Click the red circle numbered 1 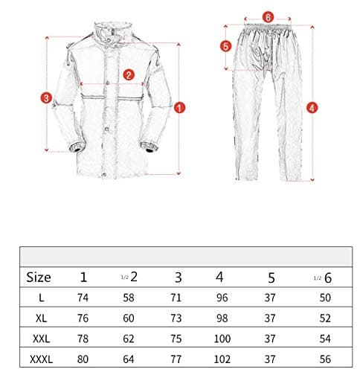tap(179, 106)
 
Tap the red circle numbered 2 tap(129, 74)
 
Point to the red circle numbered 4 tap(312, 106)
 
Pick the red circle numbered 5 tap(227, 45)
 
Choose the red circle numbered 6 tap(269, 14)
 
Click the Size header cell tap(39, 278)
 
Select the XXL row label tap(39, 338)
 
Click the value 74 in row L tap(83, 298)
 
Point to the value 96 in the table tap(219, 298)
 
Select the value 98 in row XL tap(219, 318)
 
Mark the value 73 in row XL tap(176, 318)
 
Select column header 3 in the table tap(177, 278)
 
